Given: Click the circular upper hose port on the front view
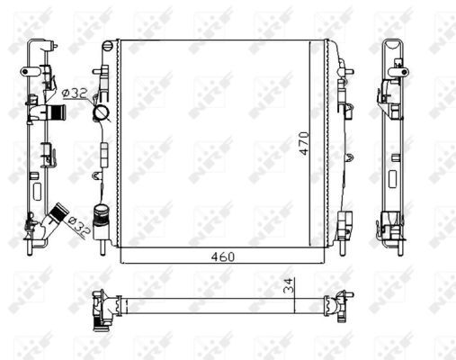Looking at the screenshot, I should coord(101,114).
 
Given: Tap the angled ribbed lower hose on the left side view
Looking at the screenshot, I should coord(58,216).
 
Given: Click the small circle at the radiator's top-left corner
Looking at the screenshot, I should coord(109,45).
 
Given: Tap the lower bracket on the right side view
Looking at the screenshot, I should coord(389,221).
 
